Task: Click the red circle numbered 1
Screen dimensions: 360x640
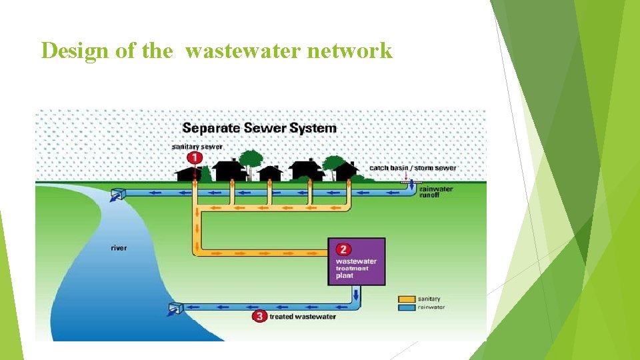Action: point(195,158)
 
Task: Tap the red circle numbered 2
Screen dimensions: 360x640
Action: point(343,249)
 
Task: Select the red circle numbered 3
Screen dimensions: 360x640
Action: point(259,317)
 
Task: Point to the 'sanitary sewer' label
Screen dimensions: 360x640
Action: point(197,147)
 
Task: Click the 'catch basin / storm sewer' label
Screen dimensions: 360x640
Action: point(413,168)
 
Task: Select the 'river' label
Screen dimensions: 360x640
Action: point(119,248)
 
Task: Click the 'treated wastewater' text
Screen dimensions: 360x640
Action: point(302,317)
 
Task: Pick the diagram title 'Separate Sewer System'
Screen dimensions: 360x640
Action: point(259,128)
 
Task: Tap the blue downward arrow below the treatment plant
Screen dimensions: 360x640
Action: point(357,294)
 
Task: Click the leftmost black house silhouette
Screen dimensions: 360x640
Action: point(189,175)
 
